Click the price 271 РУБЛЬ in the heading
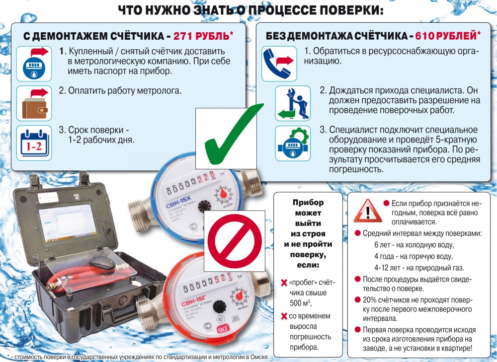tap(201, 36)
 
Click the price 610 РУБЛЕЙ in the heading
tap(446, 35)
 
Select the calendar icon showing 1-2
tap(34, 143)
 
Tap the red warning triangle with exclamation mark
tap(367, 211)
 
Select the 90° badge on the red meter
tap(223, 329)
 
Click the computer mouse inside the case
tap(101, 263)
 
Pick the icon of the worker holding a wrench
tap(292, 103)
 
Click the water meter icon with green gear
tap(292, 144)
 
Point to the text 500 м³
tap(300, 303)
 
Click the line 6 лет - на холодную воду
tap(414, 245)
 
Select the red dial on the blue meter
tap(224, 194)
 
